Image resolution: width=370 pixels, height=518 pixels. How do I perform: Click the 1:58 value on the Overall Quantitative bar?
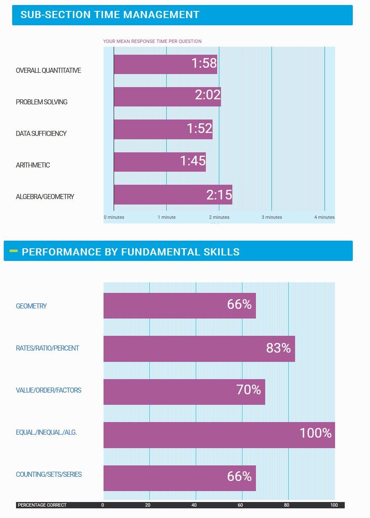tap(204, 64)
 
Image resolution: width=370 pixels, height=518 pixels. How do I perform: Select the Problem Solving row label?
tap(42, 102)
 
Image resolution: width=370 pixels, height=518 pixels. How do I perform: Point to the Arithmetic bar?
tap(160, 162)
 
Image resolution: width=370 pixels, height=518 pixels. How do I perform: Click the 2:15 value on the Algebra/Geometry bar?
tap(219, 195)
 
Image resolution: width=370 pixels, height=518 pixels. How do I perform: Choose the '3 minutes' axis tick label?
tap(272, 217)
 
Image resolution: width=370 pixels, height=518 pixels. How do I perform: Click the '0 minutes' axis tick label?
tap(114, 217)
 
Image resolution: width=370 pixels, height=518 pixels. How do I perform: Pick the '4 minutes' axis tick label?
tap(324, 217)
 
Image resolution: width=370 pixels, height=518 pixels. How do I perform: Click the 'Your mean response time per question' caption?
tap(152, 41)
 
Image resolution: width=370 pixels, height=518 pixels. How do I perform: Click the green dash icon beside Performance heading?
tap(13, 251)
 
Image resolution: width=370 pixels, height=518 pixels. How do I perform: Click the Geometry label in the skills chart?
tap(31, 306)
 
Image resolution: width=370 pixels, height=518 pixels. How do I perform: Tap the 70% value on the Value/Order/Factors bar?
tap(248, 390)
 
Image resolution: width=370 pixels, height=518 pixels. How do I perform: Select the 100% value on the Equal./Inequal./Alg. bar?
tap(315, 433)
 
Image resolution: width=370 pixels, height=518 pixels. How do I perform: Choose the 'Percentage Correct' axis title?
tap(42, 505)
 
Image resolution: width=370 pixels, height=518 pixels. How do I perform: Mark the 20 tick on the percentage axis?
tap(148, 505)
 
